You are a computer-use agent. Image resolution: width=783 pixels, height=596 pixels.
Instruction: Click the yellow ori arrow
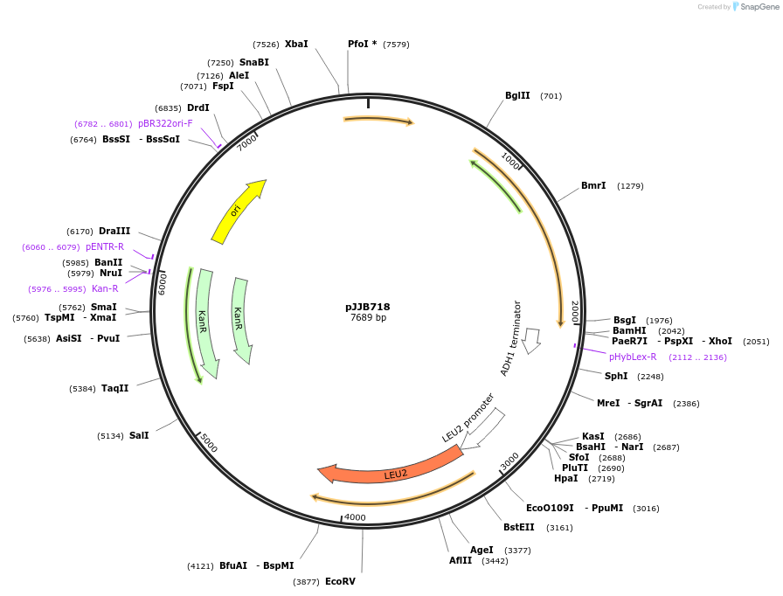point(237,212)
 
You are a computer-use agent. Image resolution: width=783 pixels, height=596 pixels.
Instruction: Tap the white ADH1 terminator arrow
point(530,341)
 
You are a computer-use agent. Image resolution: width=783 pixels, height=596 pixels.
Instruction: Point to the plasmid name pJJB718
point(368,307)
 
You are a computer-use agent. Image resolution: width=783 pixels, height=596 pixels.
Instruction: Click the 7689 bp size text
point(368,317)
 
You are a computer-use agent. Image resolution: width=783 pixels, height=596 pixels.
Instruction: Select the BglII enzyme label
point(517,96)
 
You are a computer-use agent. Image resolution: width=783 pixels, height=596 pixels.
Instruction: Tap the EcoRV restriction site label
point(340,581)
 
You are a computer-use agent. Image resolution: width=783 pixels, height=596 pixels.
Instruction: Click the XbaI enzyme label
point(296,44)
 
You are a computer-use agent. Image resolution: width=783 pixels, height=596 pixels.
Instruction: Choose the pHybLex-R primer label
point(633,357)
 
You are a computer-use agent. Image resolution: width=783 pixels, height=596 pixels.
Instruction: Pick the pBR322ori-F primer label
point(165,123)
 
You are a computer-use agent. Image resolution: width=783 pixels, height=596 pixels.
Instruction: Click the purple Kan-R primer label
point(105,288)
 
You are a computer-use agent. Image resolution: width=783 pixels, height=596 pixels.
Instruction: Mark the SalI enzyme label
point(139,435)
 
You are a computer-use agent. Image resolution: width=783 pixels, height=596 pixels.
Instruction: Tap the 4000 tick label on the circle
point(355,517)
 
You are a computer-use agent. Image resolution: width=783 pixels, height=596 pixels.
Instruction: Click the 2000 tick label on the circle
point(575,312)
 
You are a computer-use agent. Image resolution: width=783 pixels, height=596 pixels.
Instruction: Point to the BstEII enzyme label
point(518,527)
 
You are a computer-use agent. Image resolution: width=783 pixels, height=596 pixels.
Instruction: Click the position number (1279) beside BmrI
point(630,186)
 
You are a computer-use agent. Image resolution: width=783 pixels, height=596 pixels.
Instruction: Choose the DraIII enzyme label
point(114,231)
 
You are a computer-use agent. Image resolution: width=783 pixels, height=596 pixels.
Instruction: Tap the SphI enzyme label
point(616,376)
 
